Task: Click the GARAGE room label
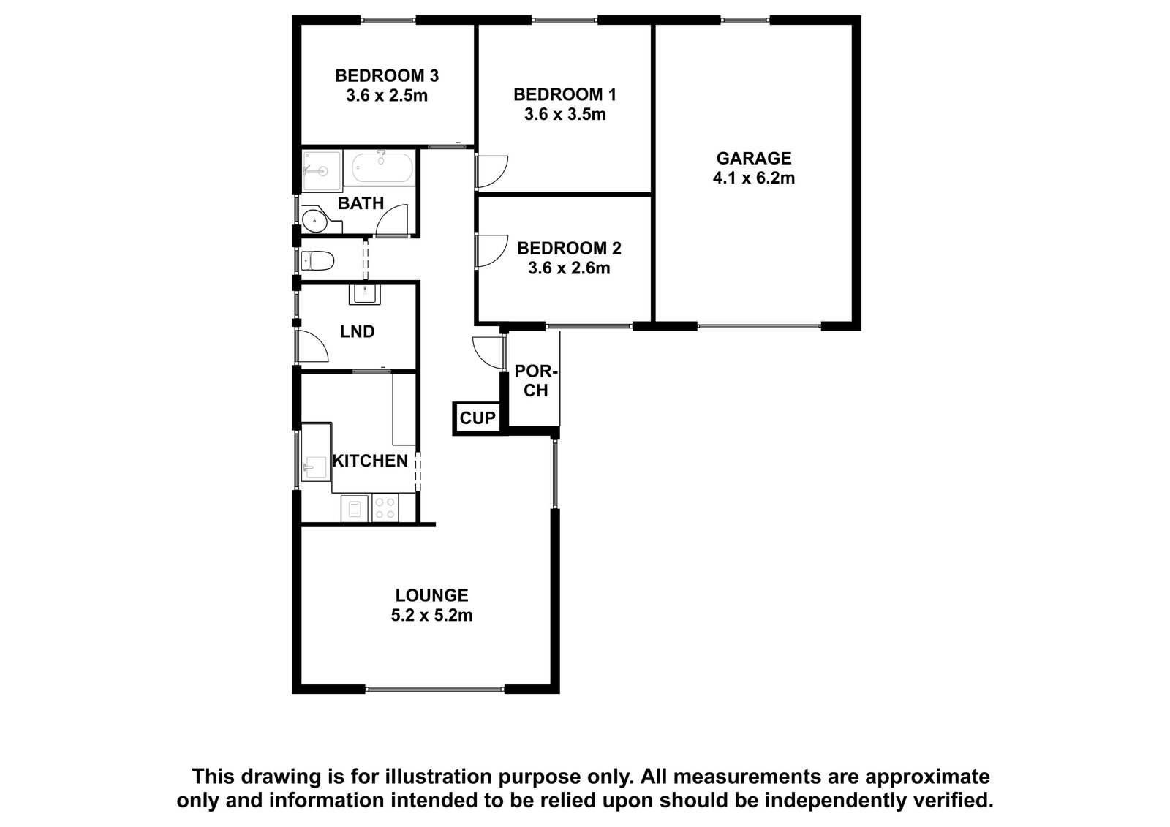(x=754, y=158)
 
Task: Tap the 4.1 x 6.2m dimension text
(x=754, y=178)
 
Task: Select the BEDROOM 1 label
(x=565, y=94)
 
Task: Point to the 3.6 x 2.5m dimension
(x=387, y=96)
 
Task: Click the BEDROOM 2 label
(x=569, y=248)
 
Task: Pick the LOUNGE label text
(x=431, y=595)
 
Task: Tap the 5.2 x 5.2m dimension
(x=431, y=616)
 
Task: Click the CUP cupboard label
(x=478, y=418)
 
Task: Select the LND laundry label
(x=358, y=332)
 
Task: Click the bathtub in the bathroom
(x=382, y=167)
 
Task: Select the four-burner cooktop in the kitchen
(x=385, y=508)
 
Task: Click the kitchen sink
(x=314, y=467)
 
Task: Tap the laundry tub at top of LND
(x=365, y=295)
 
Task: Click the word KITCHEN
(x=370, y=461)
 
